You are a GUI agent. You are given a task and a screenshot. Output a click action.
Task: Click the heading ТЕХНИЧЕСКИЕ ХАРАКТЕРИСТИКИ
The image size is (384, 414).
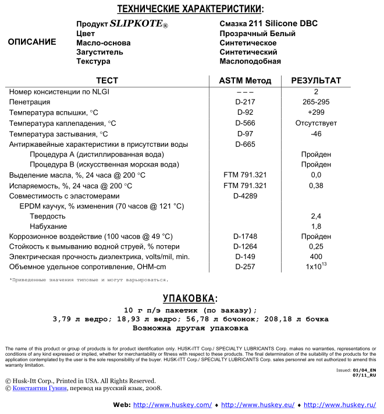click(x=190, y=9)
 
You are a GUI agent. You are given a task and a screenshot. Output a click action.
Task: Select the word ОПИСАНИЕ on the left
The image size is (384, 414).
click(x=32, y=42)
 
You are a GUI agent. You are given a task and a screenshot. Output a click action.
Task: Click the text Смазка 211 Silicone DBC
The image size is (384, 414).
click(x=268, y=24)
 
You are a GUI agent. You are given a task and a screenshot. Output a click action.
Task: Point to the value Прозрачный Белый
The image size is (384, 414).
click(x=257, y=34)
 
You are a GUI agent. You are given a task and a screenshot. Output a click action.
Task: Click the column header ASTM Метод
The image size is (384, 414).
click(x=245, y=81)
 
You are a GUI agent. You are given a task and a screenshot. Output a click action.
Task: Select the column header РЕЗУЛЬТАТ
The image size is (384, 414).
click(x=316, y=81)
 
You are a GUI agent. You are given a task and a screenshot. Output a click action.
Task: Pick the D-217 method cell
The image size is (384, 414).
click(x=245, y=102)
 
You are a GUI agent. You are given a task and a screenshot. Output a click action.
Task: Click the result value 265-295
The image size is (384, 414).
click(x=316, y=102)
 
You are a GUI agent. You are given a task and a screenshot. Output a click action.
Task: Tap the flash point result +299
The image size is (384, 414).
click(x=316, y=112)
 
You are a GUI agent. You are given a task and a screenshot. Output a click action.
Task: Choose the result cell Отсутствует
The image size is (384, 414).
click(x=316, y=123)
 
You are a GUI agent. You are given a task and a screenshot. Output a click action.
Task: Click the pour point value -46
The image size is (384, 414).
click(x=316, y=133)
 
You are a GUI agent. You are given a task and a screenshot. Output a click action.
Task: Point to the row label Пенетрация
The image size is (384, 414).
click(x=29, y=102)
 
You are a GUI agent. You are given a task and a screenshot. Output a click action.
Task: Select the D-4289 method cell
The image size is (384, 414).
click(x=245, y=196)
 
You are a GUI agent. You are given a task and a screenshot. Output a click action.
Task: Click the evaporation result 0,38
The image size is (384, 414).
click(x=316, y=186)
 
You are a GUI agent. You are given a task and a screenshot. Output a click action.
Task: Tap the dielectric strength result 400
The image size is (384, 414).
click(x=316, y=256)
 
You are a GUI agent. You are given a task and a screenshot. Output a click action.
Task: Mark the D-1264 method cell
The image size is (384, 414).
click(x=245, y=246)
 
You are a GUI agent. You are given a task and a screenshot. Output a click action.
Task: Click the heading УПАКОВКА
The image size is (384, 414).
click(x=190, y=299)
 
